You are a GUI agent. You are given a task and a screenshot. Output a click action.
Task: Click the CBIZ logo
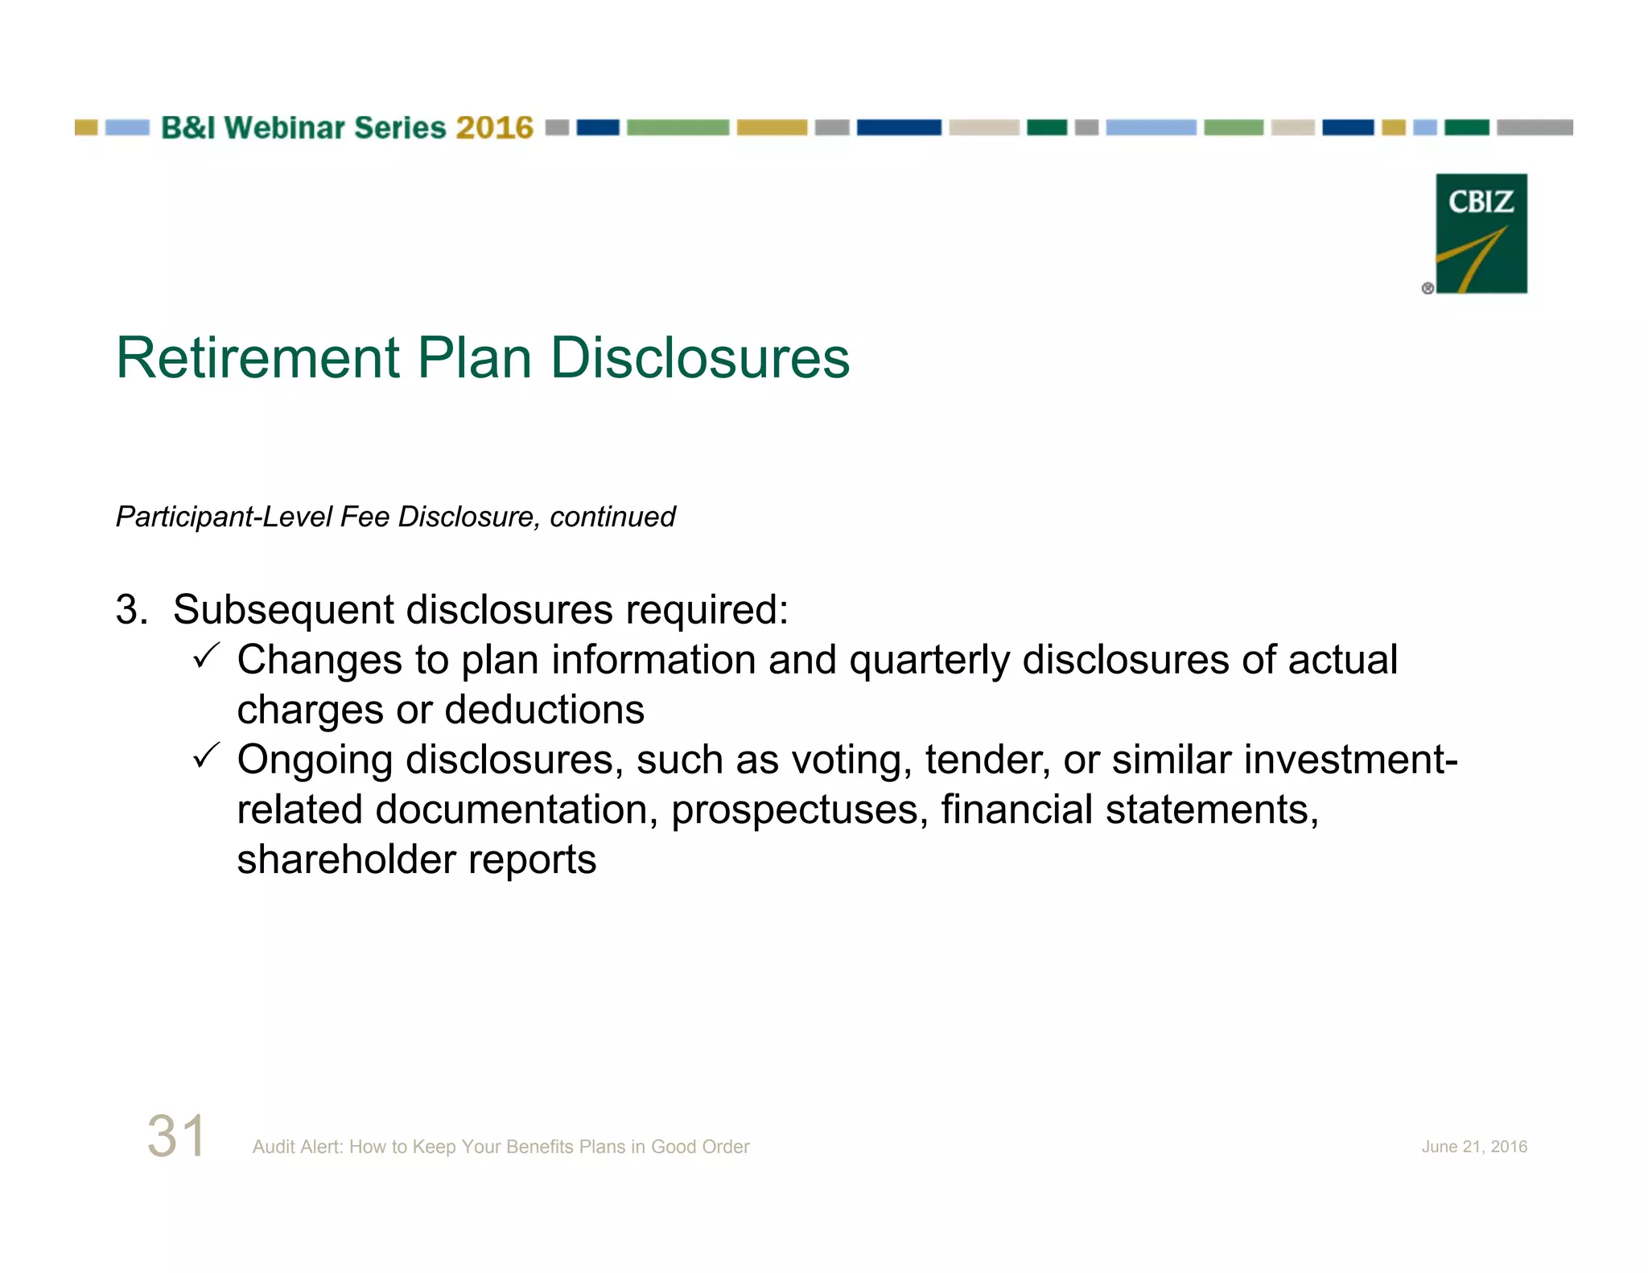[1481, 233]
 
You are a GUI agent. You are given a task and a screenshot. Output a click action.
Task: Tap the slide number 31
[176, 1136]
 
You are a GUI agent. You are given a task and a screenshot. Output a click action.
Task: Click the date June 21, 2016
[1473, 1147]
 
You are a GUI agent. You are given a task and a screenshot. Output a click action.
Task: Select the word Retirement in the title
[257, 358]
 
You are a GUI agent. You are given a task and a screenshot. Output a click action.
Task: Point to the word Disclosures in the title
[699, 358]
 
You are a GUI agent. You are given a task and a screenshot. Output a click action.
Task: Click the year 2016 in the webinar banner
[494, 128]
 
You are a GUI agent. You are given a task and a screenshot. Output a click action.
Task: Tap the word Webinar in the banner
[285, 128]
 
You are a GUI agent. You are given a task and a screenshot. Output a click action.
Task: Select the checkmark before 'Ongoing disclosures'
[207, 756]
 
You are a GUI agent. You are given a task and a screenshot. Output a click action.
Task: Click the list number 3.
[131, 609]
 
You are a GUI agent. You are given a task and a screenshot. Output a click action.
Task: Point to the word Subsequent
[282, 609]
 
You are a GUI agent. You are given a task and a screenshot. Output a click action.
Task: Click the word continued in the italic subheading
[612, 517]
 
